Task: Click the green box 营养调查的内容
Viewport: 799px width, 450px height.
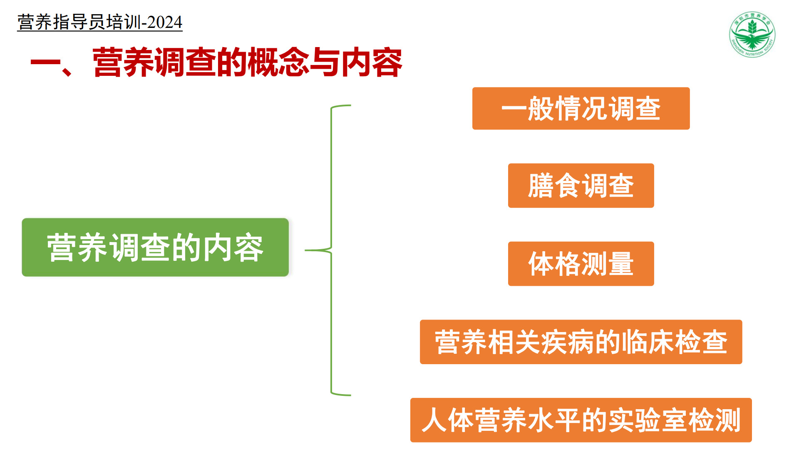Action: pyautogui.click(x=155, y=247)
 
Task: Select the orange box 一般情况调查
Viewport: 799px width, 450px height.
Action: pyautogui.click(x=581, y=108)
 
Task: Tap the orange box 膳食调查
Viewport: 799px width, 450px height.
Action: pyautogui.click(x=581, y=185)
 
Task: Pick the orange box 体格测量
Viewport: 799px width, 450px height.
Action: pyautogui.click(x=581, y=264)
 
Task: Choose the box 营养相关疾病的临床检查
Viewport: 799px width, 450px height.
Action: pyautogui.click(x=581, y=342)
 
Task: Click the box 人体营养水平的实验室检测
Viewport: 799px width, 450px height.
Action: pyautogui.click(x=581, y=420)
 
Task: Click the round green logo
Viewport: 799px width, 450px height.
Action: pyautogui.click(x=752, y=34)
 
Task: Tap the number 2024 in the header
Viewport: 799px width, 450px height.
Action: pyautogui.click(x=165, y=22)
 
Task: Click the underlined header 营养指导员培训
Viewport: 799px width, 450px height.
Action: pyautogui.click(x=79, y=22)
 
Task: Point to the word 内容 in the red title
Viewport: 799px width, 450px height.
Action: pyautogui.click(x=372, y=62)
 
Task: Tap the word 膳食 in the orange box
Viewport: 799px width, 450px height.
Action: pyautogui.click(x=554, y=185)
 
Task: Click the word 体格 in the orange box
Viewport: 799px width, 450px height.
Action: pyautogui.click(x=554, y=264)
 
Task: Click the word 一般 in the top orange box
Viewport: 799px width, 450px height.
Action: pyautogui.click(x=528, y=108)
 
